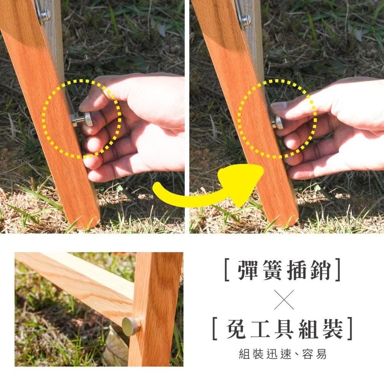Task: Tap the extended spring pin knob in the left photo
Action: (88, 119)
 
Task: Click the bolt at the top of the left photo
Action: (45, 14)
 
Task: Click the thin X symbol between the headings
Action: (284, 300)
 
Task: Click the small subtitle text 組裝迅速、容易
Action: (283, 354)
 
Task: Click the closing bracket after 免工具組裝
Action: (350, 328)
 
